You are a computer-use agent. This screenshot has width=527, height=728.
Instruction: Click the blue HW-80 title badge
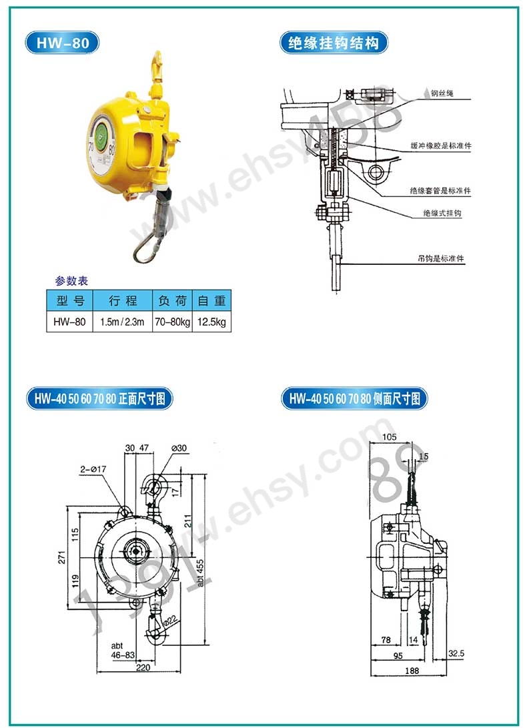(62, 43)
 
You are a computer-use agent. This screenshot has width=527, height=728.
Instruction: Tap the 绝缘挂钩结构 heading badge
(334, 43)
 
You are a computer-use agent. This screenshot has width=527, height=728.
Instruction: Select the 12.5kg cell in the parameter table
(211, 322)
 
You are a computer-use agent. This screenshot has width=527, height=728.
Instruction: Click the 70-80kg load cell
(172, 322)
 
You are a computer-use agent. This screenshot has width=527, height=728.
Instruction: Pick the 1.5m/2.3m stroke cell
(123, 322)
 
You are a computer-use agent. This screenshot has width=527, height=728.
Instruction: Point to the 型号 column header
(69, 300)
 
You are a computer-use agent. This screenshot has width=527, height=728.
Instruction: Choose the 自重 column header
(211, 300)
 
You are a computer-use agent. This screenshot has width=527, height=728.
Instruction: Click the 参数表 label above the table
(71, 280)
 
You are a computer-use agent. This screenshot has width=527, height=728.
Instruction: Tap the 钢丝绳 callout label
(442, 93)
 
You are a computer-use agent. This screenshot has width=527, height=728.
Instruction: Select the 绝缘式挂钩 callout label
(442, 213)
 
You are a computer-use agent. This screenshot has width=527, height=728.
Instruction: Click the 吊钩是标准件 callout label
(441, 259)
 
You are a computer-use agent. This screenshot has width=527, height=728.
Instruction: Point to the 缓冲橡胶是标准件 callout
(441, 145)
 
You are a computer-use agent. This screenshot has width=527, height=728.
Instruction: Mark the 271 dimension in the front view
(62, 558)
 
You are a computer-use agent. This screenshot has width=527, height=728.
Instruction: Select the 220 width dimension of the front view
(143, 667)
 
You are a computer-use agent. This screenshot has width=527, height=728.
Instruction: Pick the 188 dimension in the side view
(412, 671)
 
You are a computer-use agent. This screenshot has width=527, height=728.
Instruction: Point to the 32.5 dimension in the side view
(456, 653)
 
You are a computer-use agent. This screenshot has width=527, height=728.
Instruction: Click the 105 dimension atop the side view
(390, 437)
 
